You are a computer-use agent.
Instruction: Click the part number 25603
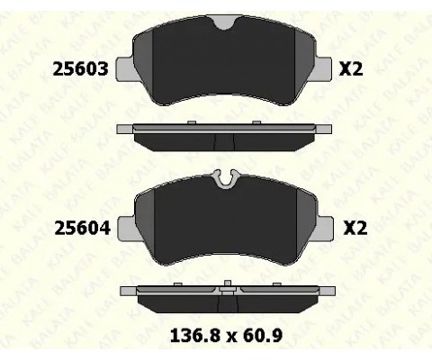[x=80, y=68]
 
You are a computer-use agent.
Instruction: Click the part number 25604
[x=83, y=228]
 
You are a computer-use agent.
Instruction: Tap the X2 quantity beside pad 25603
[x=351, y=68]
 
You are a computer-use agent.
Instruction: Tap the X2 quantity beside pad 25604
[x=355, y=228]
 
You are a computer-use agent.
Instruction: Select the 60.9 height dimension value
[x=263, y=336]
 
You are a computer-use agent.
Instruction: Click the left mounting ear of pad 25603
[x=125, y=69]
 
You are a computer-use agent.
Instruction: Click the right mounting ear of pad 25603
[x=323, y=69]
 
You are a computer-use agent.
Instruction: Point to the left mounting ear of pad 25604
[x=127, y=228]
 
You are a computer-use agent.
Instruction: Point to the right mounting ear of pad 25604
[x=325, y=228]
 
